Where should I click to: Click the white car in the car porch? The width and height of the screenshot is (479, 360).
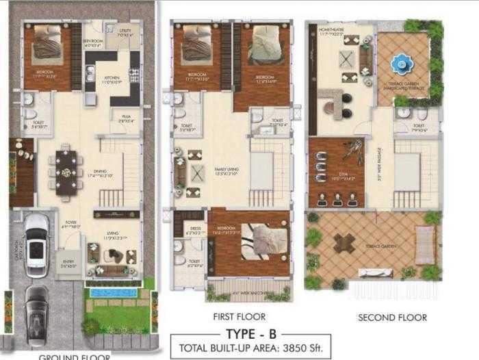click(36, 245)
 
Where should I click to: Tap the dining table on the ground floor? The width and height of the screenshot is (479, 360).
click(67, 172)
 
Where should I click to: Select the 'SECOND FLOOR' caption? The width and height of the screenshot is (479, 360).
click(392, 317)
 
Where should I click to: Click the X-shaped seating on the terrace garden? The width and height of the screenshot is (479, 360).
click(344, 243)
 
